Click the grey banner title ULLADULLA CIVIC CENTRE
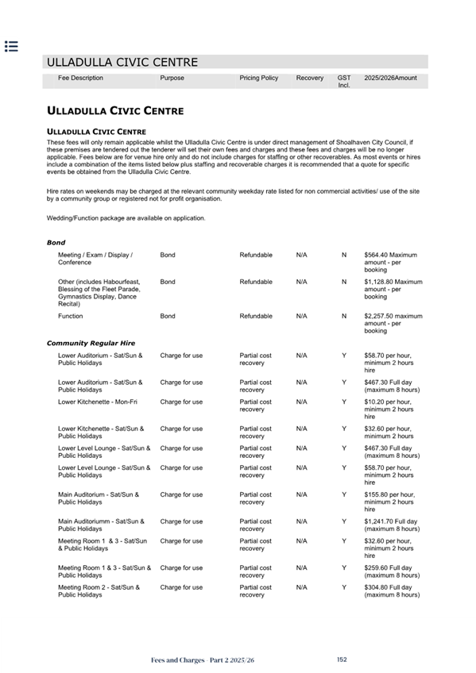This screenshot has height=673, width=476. tap(122, 62)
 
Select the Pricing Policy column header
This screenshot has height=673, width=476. tap(258, 78)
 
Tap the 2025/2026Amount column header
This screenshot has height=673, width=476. tap(390, 78)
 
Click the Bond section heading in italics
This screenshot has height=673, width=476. tap(56, 242)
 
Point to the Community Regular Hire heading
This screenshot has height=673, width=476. tap(91, 343)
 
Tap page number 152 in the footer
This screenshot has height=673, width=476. tap(342, 660)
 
